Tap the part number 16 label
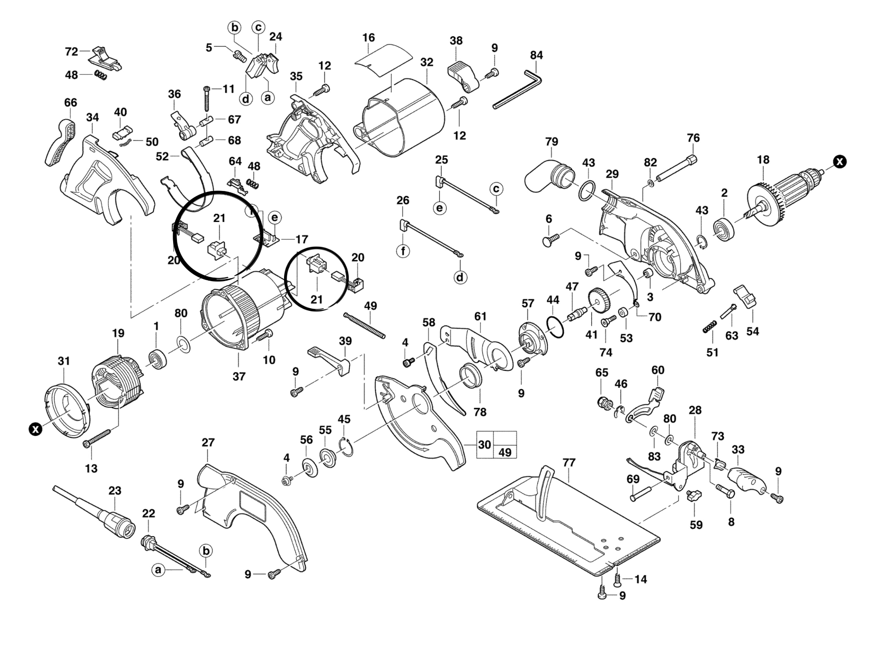click(x=369, y=38)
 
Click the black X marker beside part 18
click(x=840, y=162)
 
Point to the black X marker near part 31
click(x=35, y=429)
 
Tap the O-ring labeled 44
click(x=556, y=327)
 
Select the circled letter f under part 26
click(x=403, y=250)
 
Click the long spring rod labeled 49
click(x=364, y=326)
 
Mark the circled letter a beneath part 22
click(x=158, y=570)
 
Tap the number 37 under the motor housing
click(x=239, y=376)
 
